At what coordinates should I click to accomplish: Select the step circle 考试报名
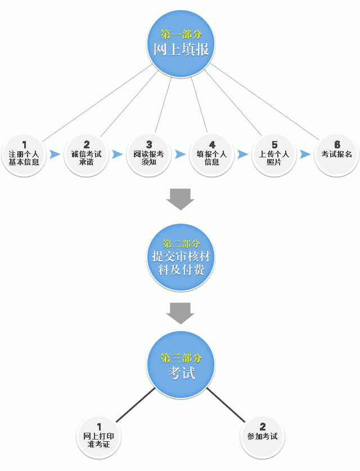click(336, 153)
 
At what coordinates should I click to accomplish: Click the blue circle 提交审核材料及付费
click(181, 258)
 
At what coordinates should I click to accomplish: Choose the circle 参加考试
click(262, 436)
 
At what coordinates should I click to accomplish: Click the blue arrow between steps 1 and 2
click(55, 154)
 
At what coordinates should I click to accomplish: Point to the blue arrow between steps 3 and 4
click(180, 154)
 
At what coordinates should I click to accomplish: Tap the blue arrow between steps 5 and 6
click(305, 154)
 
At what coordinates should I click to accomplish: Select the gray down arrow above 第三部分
click(180, 313)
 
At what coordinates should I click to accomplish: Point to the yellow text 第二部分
click(181, 244)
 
